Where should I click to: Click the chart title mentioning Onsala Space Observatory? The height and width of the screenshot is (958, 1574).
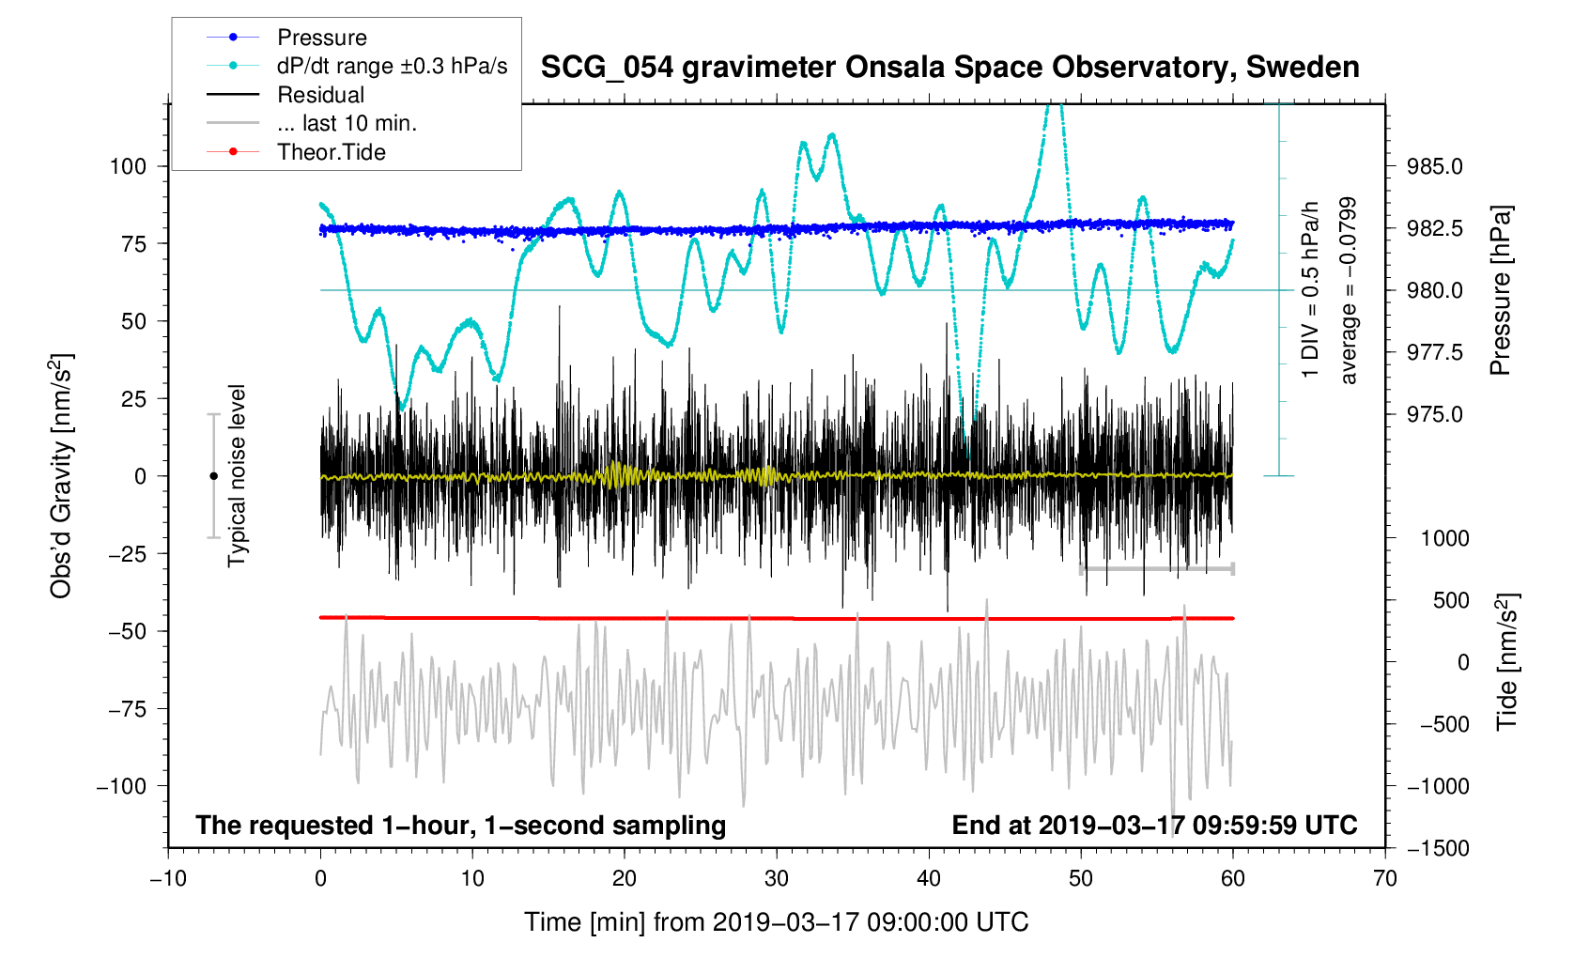point(949,67)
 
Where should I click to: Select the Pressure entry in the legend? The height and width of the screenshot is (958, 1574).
point(321,38)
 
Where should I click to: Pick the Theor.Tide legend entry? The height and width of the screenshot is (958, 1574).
point(331,152)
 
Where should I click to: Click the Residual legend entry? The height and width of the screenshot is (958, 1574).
point(320,95)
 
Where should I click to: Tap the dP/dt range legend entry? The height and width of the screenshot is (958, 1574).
point(392,66)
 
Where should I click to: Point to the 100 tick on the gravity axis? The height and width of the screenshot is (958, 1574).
point(129,166)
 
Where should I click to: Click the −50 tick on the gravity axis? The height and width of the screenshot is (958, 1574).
point(127,631)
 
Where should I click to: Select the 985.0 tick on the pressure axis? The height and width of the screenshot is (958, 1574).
point(1434,166)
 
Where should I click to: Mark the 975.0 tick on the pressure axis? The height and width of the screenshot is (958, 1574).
point(1434,414)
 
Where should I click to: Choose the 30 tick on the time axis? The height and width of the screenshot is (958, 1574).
point(777,878)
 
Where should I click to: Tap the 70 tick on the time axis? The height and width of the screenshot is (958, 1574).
point(1385,878)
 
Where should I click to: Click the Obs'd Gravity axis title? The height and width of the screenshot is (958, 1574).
point(61,476)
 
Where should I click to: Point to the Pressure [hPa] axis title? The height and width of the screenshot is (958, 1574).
point(1501,290)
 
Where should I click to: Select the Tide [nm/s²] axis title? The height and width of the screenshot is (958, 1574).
point(1506,662)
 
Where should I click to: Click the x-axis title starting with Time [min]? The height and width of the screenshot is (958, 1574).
point(777,922)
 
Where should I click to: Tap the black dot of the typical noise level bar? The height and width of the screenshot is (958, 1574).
point(213,476)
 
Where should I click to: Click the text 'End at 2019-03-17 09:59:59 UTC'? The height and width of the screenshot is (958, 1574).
point(1154,826)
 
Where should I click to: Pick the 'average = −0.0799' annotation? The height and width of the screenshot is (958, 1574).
point(1349,290)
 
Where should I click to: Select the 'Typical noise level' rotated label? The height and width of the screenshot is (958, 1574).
point(237,476)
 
